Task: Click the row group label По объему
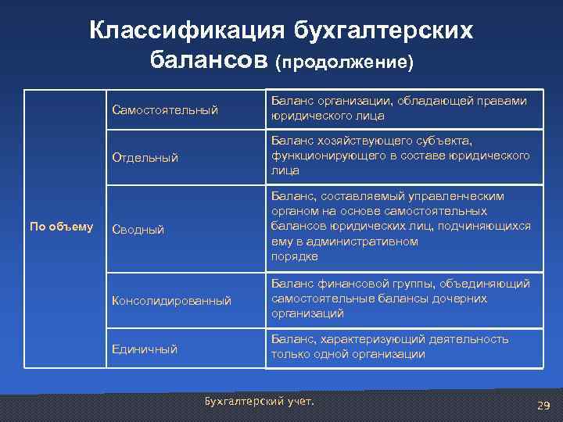61,227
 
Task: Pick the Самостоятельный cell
165,109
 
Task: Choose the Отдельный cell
145,158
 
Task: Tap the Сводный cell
138,230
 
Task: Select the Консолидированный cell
172,300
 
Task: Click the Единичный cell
145,349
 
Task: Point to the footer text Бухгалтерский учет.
259,401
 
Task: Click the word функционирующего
321,156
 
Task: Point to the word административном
365,241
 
